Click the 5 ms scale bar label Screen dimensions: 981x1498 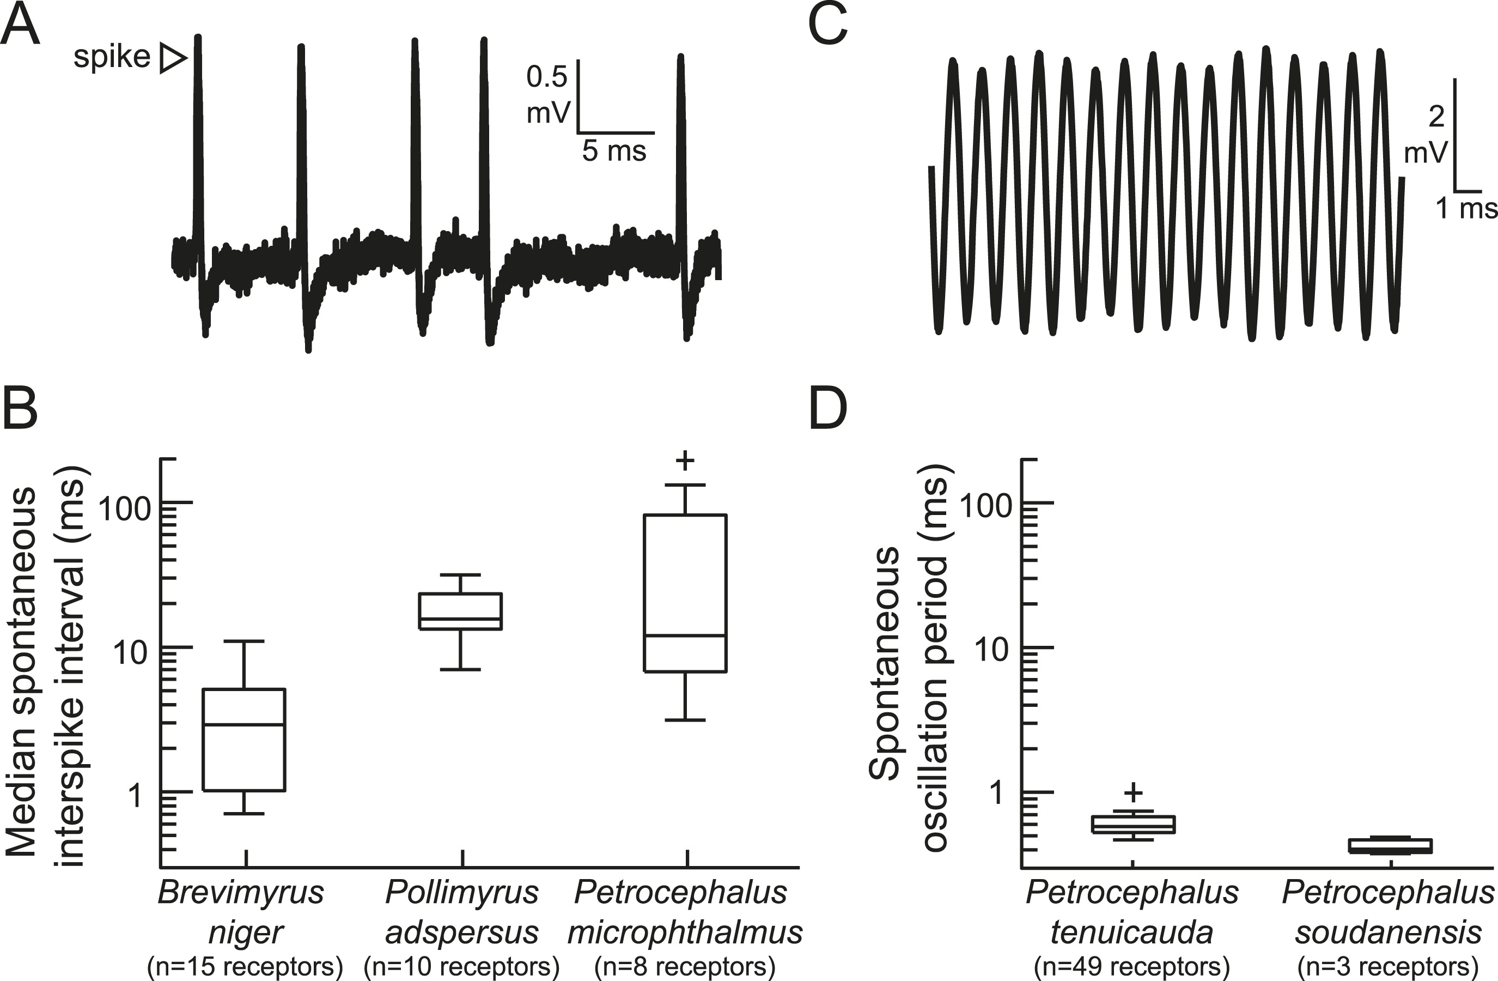click(x=614, y=152)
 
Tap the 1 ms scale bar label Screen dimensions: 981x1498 click(x=1465, y=208)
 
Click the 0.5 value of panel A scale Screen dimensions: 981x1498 click(x=547, y=77)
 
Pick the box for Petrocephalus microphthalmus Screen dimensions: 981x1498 click(x=685, y=593)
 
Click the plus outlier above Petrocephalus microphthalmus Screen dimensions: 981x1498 click(x=685, y=461)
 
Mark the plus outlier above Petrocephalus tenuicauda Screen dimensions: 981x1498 click(x=1133, y=792)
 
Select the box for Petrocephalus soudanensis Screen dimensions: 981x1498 click(x=1390, y=846)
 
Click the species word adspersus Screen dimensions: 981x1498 click(x=461, y=932)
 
